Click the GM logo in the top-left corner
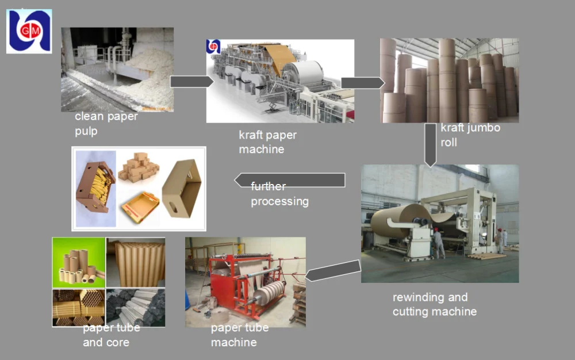[x=29, y=31]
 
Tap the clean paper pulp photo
[x=117, y=70]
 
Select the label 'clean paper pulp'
[x=106, y=124]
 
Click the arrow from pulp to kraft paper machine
[x=191, y=82]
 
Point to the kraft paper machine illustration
[x=280, y=81]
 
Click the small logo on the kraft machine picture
[x=213, y=47]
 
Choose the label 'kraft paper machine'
[x=267, y=142]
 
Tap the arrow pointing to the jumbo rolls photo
[x=362, y=83]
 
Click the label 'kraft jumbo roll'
[x=470, y=135]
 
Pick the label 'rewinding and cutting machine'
[x=434, y=305]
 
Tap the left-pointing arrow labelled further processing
[x=290, y=180]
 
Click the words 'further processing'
[x=279, y=194]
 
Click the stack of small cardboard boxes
[x=138, y=167]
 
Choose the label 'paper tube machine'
[x=239, y=335]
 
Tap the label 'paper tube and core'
[x=110, y=335]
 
